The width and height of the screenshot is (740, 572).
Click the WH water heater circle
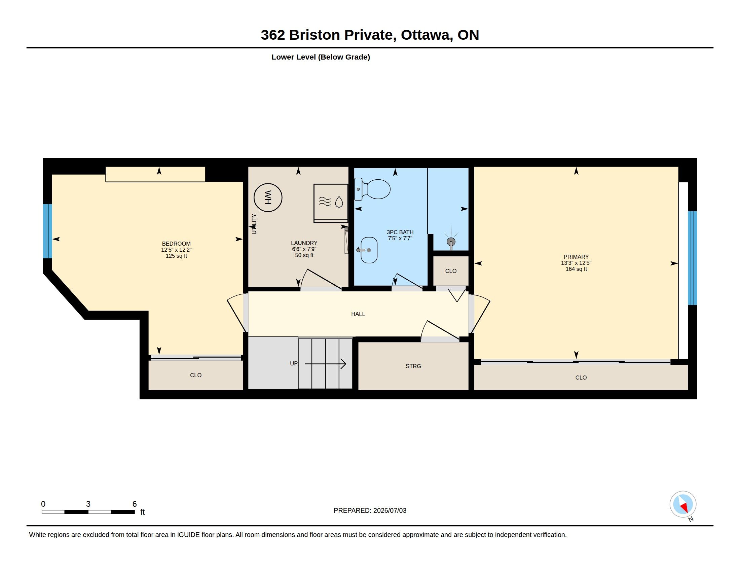[268, 198]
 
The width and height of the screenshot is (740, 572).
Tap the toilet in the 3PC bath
[372, 189]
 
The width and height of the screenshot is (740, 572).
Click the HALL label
[358, 314]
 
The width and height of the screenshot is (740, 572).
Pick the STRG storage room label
[413, 366]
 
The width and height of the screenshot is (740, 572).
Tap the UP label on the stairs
[294, 363]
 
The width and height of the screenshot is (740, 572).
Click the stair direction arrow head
[343, 364]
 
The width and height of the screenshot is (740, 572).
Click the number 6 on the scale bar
[135, 504]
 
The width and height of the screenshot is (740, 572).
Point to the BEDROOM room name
[176, 244]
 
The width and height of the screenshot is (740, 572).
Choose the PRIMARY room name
[576, 257]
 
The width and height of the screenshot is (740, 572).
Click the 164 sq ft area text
[576, 269]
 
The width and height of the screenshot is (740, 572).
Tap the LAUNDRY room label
[304, 243]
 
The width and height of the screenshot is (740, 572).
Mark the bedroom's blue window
[47, 231]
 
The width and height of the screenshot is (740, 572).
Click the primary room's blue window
[692, 258]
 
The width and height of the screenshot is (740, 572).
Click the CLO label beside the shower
[451, 271]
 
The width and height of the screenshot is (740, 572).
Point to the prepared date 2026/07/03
[390, 511]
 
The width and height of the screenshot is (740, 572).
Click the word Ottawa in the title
[427, 35]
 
